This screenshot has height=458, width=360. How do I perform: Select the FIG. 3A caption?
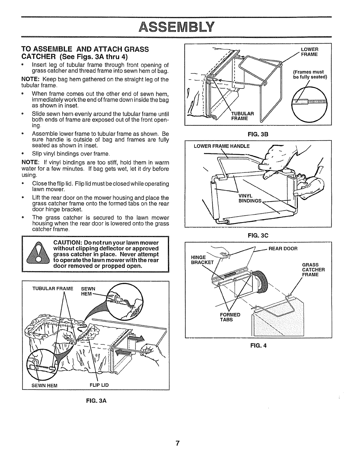(x=95, y=401)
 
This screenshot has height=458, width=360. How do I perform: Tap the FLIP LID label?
(x=99, y=385)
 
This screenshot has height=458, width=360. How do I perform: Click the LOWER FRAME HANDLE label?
(x=221, y=146)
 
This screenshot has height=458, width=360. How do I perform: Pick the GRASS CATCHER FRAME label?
(x=313, y=269)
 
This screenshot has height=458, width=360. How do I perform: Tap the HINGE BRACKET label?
(x=202, y=260)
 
